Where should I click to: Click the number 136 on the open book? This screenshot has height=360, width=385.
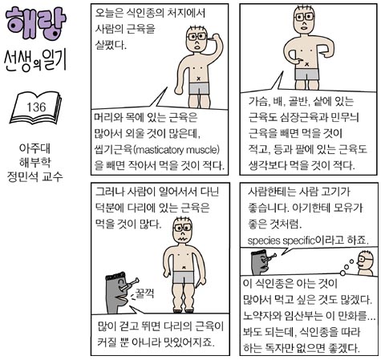36,107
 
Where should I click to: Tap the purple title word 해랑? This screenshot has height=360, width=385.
35,23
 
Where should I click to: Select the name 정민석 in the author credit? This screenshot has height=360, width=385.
22,176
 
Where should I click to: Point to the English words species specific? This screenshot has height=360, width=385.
282,241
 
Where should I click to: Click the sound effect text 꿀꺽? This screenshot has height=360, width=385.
144,293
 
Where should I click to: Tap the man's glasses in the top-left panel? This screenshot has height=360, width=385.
197,37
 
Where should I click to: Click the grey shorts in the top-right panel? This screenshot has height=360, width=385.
306,74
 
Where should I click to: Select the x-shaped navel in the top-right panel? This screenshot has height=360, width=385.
307,64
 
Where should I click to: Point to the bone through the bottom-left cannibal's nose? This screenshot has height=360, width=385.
130,285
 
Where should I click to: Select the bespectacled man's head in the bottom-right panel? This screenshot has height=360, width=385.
365,261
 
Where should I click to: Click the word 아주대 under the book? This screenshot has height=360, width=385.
34,148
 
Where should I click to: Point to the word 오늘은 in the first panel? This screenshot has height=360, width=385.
108,13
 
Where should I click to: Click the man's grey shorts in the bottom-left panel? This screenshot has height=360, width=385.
183,277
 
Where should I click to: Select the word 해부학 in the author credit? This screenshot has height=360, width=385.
35,162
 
